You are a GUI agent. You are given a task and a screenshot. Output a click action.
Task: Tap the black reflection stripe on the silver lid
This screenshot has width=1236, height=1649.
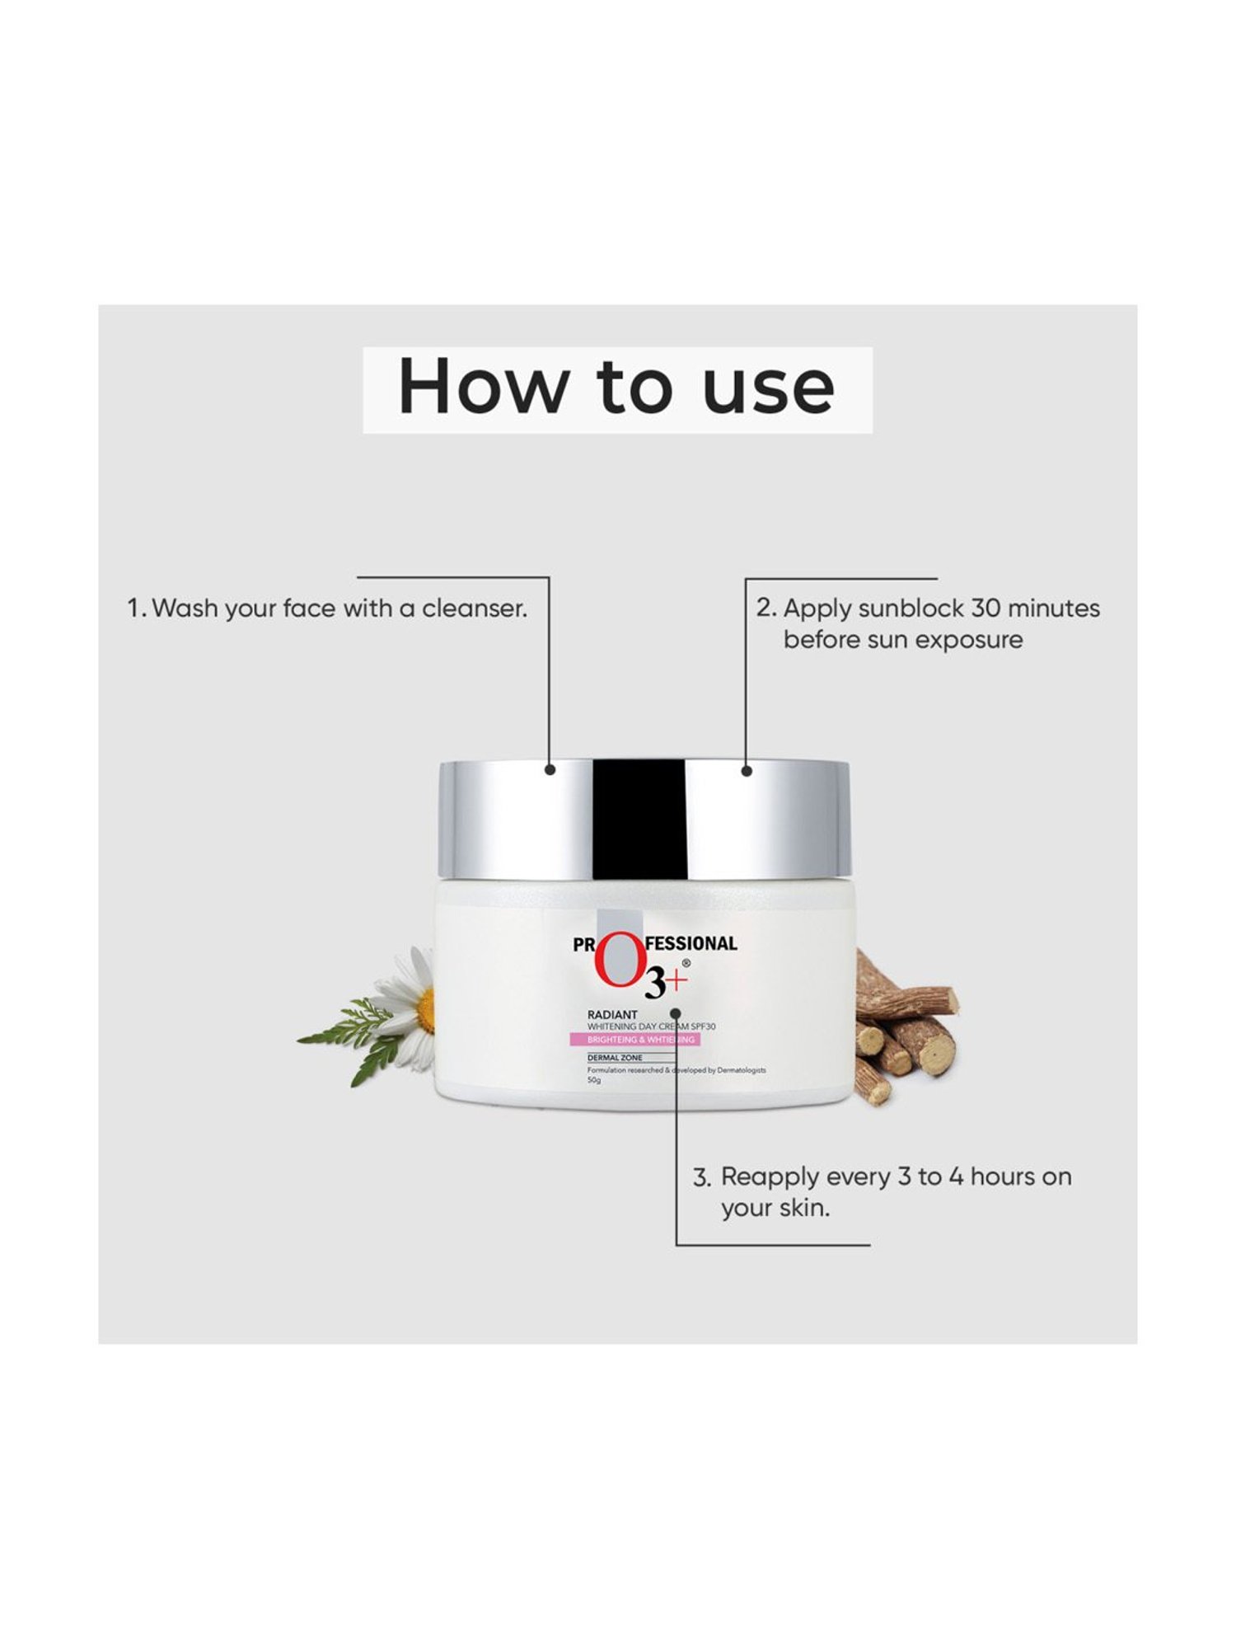coord(639,820)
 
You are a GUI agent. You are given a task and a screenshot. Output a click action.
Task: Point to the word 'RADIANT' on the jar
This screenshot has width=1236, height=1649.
coord(612,1015)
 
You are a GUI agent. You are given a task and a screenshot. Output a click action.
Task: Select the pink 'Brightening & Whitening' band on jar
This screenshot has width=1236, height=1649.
coord(634,1041)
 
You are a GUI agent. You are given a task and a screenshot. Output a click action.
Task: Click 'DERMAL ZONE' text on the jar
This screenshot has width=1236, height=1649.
coord(615,1058)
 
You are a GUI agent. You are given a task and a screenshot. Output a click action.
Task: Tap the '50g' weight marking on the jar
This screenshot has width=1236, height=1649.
coord(594,1080)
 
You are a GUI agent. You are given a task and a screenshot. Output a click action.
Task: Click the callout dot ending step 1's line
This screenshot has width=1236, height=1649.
coord(550,769)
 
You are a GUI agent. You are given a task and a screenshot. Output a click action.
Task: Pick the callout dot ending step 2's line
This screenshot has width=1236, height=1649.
coord(747,771)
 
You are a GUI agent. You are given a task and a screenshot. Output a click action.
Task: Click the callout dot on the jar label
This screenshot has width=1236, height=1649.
coord(676,1012)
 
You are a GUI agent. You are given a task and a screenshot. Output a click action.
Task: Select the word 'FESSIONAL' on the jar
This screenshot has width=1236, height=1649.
coord(691,943)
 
